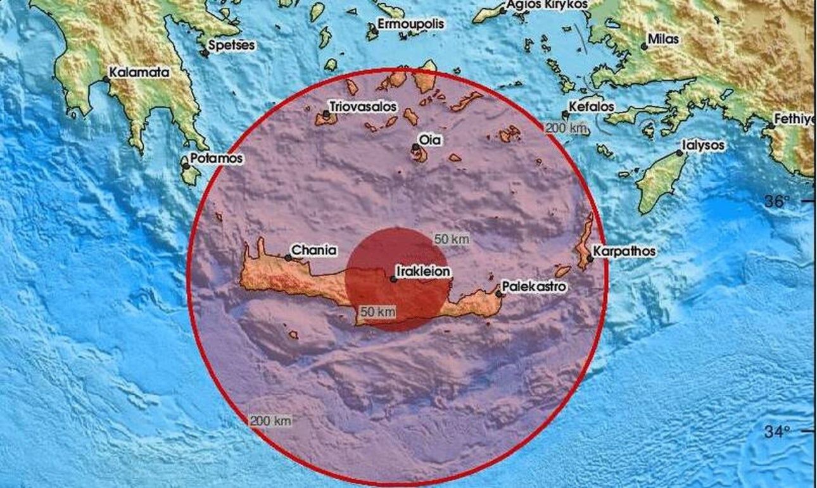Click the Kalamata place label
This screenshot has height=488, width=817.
[139, 73]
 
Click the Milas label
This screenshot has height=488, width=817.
[663, 39]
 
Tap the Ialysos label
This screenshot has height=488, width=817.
[704, 145]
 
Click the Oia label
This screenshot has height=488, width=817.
[430, 139]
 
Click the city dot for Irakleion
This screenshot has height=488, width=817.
[393, 279]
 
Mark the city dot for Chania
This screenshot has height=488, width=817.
[288, 258]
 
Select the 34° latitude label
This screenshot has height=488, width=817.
[776, 432]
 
